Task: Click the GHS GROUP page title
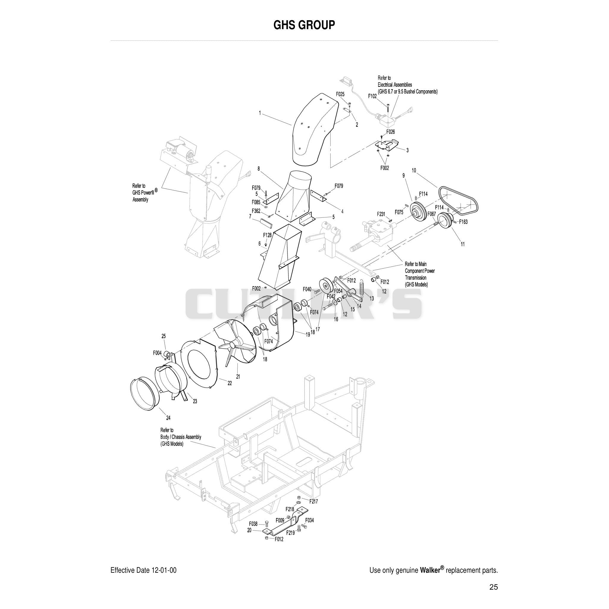pyautogui.click(x=304, y=25)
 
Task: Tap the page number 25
pyautogui.click(x=494, y=587)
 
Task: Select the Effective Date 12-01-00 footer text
pyautogui.click(x=143, y=570)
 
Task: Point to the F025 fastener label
pyautogui.click(x=340, y=94)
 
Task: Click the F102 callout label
pyautogui.click(x=373, y=96)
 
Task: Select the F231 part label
pyautogui.click(x=381, y=214)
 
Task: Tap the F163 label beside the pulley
pyautogui.click(x=463, y=222)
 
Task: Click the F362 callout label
pyautogui.click(x=256, y=211)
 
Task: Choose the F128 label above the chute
pyautogui.click(x=267, y=235)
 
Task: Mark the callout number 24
pyautogui.click(x=168, y=418)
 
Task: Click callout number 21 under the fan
pyautogui.click(x=238, y=376)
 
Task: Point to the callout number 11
pyautogui.click(x=463, y=244)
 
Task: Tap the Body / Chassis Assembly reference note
pyautogui.click(x=180, y=437)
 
